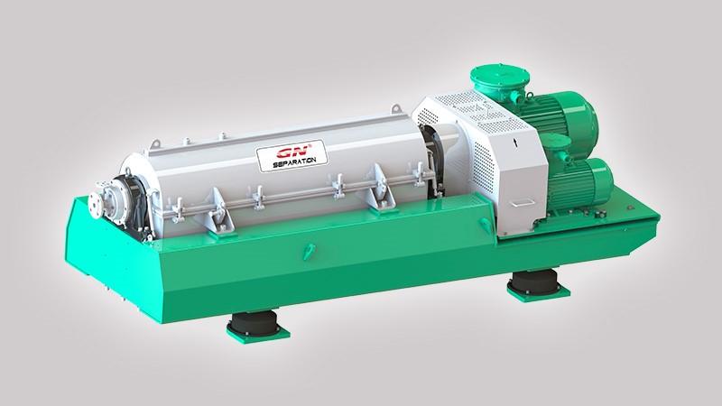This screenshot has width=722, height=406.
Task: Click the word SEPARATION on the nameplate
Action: (294, 162)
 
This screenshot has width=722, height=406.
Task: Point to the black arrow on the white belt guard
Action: (515, 142)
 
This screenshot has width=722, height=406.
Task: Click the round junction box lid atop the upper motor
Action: (500, 76)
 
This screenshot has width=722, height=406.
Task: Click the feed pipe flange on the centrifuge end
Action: (99, 202)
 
